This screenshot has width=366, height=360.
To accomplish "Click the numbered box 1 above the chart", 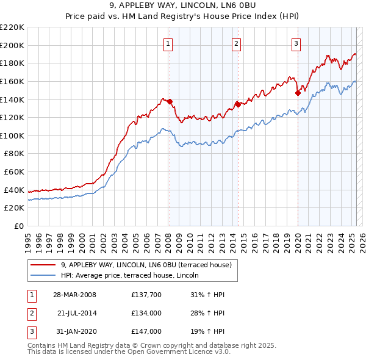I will click(x=167, y=43).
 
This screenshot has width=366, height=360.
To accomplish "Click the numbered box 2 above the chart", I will click(x=236, y=43).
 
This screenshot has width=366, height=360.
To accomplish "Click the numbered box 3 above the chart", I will click(x=296, y=43).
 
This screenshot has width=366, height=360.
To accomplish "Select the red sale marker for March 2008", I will click(x=170, y=102).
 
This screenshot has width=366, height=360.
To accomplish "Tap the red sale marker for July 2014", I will click(x=238, y=104).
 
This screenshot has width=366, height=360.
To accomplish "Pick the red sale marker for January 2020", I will click(x=298, y=93).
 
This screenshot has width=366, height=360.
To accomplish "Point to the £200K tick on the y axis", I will click(x=12, y=45).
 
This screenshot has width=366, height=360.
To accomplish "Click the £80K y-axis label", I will click(x=14, y=154).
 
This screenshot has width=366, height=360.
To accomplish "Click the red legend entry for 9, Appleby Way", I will click(x=146, y=265).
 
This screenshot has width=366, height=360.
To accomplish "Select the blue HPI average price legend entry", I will click(x=134, y=275).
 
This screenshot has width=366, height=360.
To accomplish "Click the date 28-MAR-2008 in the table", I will click(x=74, y=295).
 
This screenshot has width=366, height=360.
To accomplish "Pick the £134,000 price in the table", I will click(x=146, y=313).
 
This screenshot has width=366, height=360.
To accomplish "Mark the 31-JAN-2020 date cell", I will click(x=75, y=331).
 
